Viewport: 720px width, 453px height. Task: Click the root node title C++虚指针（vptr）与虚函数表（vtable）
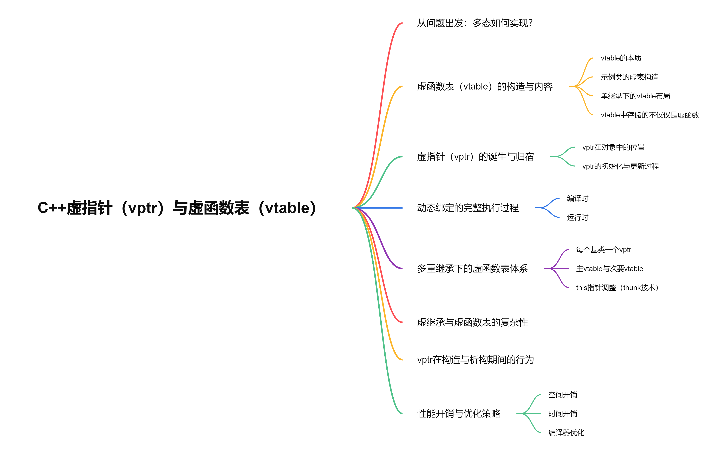pyautogui.click(x=177, y=208)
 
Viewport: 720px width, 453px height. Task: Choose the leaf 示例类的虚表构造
pyautogui.click(x=629, y=77)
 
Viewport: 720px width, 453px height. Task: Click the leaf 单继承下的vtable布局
pyautogui.click(x=635, y=96)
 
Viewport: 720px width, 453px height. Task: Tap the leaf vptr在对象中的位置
pyautogui.click(x=613, y=147)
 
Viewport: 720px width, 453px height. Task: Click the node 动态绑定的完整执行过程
pyautogui.click(x=468, y=208)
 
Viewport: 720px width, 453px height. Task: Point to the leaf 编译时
pyautogui.click(x=577, y=199)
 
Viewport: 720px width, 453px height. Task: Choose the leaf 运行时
pyautogui.click(x=577, y=217)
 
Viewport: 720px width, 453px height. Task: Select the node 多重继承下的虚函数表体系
pyautogui.click(x=472, y=269)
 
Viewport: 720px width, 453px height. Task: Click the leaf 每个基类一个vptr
pyautogui.click(x=603, y=250)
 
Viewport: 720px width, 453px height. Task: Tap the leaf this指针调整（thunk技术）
pyautogui.click(x=617, y=288)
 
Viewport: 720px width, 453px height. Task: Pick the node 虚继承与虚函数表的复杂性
pyautogui.click(x=472, y=322)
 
